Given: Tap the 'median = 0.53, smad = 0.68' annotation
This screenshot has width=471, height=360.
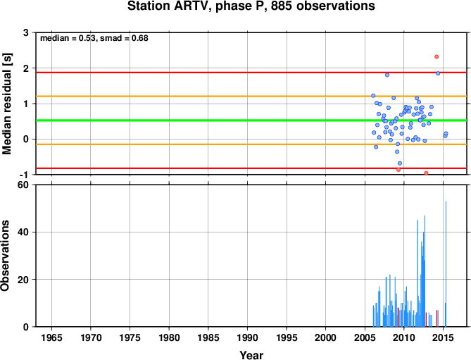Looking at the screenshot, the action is click(94, 38).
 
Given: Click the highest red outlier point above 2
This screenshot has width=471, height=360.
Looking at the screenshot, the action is click(437, 57).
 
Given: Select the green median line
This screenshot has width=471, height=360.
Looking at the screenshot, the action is click(251, 120).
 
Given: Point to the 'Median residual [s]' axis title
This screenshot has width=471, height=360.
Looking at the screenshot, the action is click(6, 104).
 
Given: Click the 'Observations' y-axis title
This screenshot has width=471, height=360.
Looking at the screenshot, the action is click(5, 256).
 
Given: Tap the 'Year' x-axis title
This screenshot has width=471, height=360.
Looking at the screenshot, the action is click(251, 356).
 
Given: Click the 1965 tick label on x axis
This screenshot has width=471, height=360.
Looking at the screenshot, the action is click(51, 337).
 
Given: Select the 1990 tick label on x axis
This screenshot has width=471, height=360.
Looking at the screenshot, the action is click(248, 337).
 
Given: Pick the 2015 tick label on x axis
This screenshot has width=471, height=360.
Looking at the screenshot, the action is click(443, 337).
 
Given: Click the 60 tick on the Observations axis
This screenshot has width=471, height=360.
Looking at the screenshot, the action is click(23, 185).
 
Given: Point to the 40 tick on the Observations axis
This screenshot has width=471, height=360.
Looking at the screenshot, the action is click(23, 232).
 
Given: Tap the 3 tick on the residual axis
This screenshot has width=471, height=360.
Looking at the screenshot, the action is click(25, 32).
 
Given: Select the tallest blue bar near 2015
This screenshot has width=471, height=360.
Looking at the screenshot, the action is click(446, 264).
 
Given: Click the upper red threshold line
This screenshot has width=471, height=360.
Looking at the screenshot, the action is click(251, 73).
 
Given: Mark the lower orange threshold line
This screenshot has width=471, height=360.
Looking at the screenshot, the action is click(251, 144).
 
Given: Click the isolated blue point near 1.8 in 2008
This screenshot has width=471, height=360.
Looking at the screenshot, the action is click(387, 75).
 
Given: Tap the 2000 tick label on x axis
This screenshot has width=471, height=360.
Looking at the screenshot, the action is click(325, 337).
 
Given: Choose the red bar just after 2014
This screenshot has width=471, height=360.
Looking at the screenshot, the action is click(437, 318).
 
